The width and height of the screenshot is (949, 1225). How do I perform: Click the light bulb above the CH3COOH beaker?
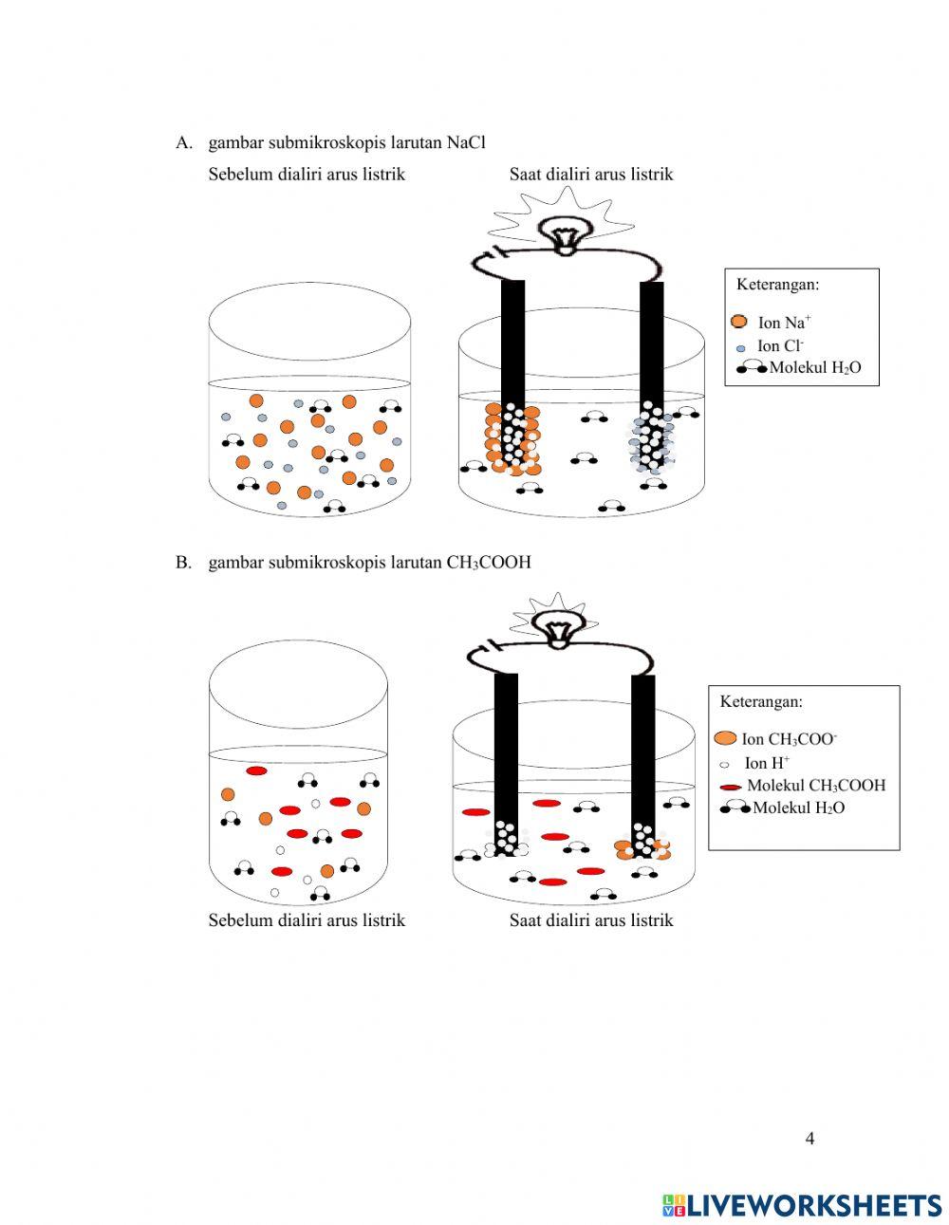click(558, 627)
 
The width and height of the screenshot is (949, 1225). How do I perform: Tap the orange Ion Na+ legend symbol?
click(740, 322)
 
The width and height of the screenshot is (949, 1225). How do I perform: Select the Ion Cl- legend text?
click(780, 346)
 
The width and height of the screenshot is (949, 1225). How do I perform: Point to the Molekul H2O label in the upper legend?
click(815, 368)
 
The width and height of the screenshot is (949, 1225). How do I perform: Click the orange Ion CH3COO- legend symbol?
click(726, 738)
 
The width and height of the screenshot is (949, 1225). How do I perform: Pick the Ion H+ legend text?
click(767, 763)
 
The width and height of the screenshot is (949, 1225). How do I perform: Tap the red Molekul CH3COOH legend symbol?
click(730, 787)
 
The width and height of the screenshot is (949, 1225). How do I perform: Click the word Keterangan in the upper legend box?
click(777, 284)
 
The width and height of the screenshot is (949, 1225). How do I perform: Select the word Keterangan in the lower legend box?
click(761, 702)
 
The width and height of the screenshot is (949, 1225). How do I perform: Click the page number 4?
click(809, 1139)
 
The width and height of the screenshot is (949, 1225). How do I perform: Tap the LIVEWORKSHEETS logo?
click(802, 1205)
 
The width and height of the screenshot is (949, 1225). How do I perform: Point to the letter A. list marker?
click(184, 142)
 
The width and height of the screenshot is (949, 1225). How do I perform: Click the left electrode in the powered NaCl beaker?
click(512, 342)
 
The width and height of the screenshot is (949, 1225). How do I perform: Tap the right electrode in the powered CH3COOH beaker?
click(642, 750)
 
